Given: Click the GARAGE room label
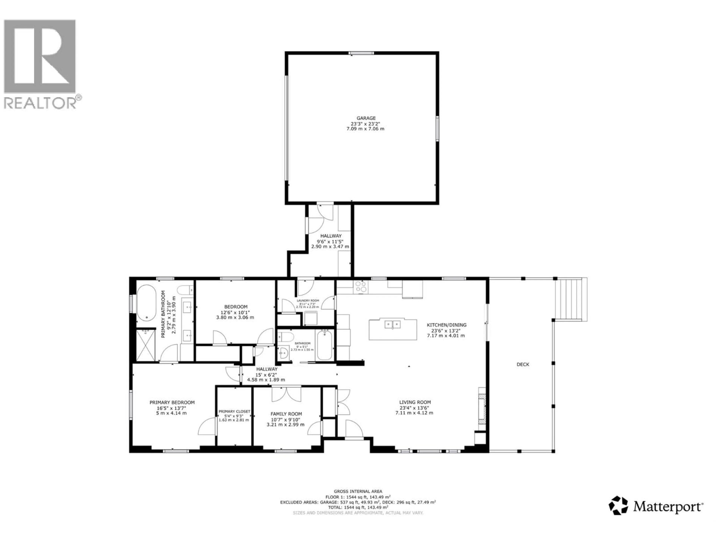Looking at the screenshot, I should [366, 118].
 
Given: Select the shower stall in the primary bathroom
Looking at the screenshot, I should [146, 345].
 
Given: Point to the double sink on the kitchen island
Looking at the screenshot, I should [393, 324].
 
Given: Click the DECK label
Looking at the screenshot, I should [523, 365].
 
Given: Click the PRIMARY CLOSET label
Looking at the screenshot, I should [234, 411].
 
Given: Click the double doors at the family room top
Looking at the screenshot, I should [286, 394].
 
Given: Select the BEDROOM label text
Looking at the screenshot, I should [236, 307].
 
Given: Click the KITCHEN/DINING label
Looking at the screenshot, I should [446, 325].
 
